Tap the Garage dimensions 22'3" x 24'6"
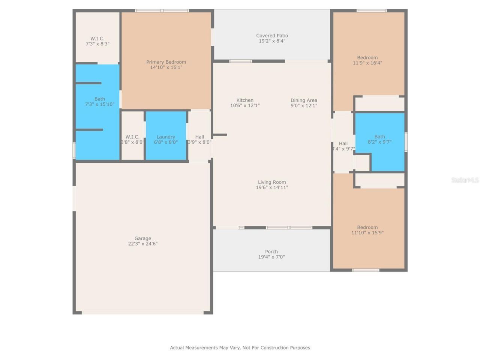pos(143,244)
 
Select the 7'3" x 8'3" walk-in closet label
pos(97,41)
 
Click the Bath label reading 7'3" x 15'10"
pos(100,102)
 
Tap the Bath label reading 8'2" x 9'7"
pos(379,139)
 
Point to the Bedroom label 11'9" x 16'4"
pos(367,60)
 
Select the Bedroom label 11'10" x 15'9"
pos(367,230)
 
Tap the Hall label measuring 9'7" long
pos(343,146)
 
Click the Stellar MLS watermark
pos(465,180)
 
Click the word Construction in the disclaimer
pos(274,348)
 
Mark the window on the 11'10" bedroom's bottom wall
pos(366,270)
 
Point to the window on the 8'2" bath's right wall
pos(406,142)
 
